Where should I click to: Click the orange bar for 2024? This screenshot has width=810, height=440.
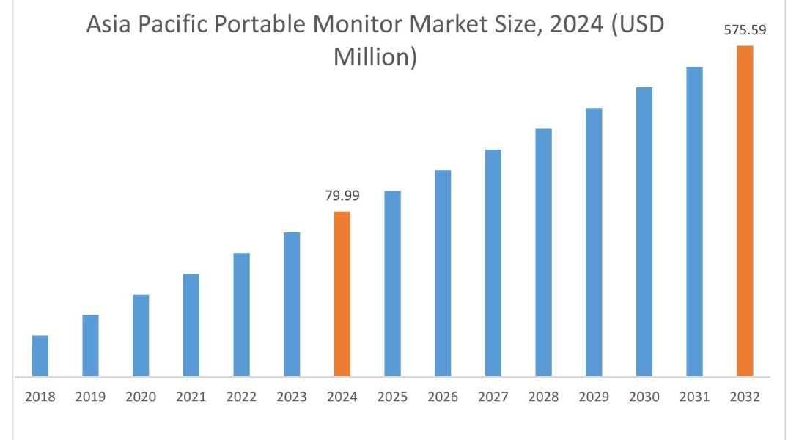342,294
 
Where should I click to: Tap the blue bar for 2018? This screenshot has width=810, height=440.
40,356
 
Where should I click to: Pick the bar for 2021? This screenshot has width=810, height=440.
191,325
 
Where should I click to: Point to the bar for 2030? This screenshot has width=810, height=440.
644,232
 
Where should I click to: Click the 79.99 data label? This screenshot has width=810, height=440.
342,196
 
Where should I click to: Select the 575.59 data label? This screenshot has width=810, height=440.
745,30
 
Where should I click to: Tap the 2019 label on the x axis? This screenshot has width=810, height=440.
90,397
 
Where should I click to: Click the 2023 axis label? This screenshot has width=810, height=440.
292,397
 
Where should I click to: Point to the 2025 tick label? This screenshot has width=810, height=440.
392,397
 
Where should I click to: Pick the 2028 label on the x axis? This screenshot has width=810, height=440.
543,397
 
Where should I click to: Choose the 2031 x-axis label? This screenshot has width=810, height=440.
694,397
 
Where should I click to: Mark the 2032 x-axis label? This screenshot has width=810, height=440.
745,397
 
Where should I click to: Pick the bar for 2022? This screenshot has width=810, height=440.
242,315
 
